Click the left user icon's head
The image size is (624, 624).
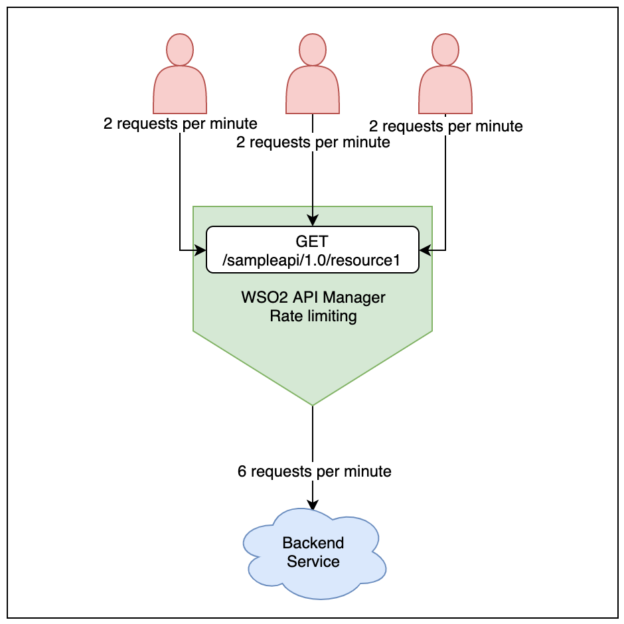click(x=180, y=48)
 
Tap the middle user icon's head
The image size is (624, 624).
click(x=313, y=48)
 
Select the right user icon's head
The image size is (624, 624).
click(x=445, y=48)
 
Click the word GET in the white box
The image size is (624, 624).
click(x=313, y=242)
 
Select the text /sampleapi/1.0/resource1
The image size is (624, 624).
click(x=313, y=260)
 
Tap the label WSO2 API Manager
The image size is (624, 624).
click(x=313, y=298)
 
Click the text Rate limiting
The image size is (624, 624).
click(x=313, y=316)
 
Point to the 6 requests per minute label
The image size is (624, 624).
click(x=314, y=471)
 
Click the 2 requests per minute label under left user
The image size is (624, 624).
click(x=180, y=124)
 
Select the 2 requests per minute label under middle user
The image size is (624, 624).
click(x=313, y=142)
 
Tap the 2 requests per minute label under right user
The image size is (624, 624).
click(x=445, y=126)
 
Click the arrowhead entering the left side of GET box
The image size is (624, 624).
click(x=201, y=250)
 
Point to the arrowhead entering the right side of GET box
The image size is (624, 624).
click(x=424, y=250)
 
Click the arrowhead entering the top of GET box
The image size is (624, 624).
click(x=313, y=222)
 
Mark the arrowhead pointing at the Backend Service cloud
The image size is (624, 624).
click(x=313, y=505)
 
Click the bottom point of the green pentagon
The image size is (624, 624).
click(x=313, y=404)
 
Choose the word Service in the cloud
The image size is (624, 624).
click(x=313, y=562)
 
